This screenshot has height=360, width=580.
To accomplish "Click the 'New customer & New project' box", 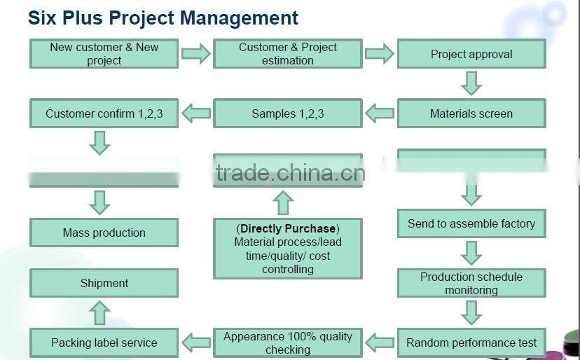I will pyautogui.click(x=104, y=54).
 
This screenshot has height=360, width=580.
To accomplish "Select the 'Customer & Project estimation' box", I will pyautogui.click(x=288, y=54).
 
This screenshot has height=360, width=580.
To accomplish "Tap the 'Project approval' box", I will pyautogui.click(x=471, y=54).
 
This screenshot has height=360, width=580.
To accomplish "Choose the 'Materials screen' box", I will pyautogui.click(x=471, y=113).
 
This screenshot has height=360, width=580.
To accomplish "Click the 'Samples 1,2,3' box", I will pyautogui.click(x=288, y=113).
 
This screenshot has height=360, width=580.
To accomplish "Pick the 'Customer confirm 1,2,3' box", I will pyautogui.click(x=104, y=113).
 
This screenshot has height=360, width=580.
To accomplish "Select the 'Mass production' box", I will pyautogui.click(x=104, y=233).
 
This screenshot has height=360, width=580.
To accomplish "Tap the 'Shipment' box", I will pyautogui.click(x=104, y=283).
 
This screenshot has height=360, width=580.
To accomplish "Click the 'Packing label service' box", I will pyautogui.click(x=104, y=342).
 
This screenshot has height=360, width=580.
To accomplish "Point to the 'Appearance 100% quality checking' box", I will pyautogui.click(x=288, y=342).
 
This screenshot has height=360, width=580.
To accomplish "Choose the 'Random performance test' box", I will pyautogui.click(x=471, y=342).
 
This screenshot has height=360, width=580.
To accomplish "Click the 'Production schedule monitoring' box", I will pyautogui.click(x=471, y=283).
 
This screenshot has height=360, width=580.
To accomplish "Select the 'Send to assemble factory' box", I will pyautogui.click(x=471, y=223).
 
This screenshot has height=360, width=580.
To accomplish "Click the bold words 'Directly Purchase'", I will pyautogui.click(x=289, y=228).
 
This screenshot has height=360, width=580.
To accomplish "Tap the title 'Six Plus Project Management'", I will pyautogui.click(x=163, y=18).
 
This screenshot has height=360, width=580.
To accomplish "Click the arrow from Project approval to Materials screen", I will pyautogui.click(x=471, y=83).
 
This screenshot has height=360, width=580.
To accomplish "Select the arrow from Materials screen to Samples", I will pyautogui.click(x=380, y=113).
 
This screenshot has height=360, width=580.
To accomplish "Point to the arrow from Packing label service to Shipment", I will pyautogui.click(x=100, y=313).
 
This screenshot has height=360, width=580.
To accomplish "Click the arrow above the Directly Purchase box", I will pyautogui.click(x=282, y=202).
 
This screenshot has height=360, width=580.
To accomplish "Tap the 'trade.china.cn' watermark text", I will pyautogui.click(x=290, y=172).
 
